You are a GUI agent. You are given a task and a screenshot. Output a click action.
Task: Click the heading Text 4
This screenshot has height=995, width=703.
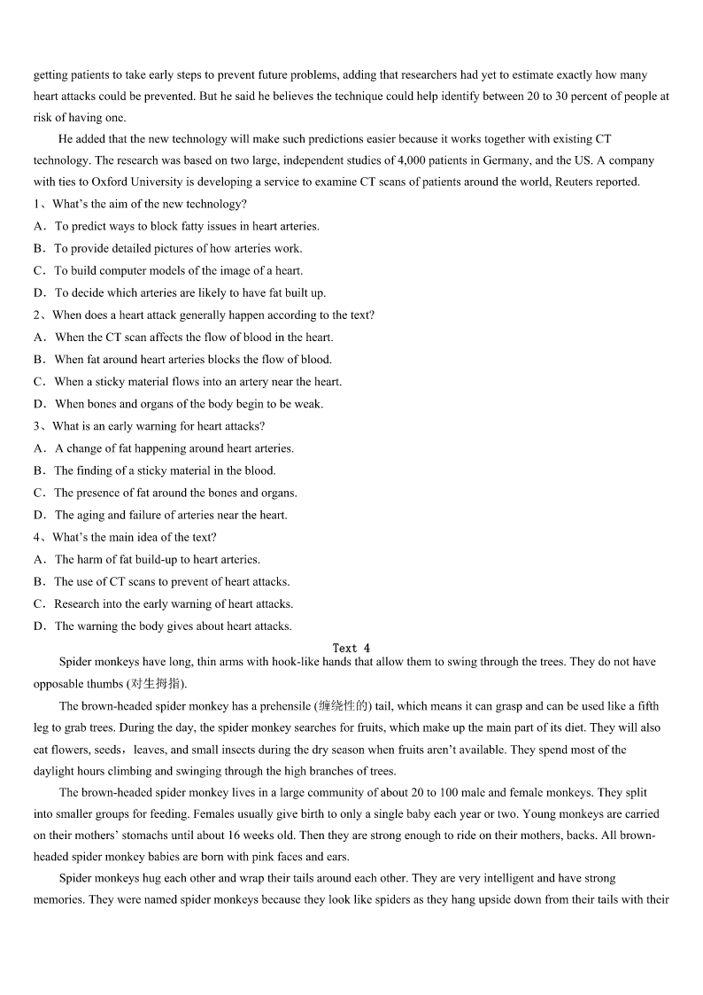click(351, 648)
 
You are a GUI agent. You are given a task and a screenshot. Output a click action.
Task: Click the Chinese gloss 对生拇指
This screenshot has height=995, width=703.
click(157, 684)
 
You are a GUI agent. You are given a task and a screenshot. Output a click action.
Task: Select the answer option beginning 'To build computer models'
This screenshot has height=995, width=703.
click(178, 270)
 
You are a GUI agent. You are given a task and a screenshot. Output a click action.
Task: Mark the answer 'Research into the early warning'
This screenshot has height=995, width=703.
click(174, 603)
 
